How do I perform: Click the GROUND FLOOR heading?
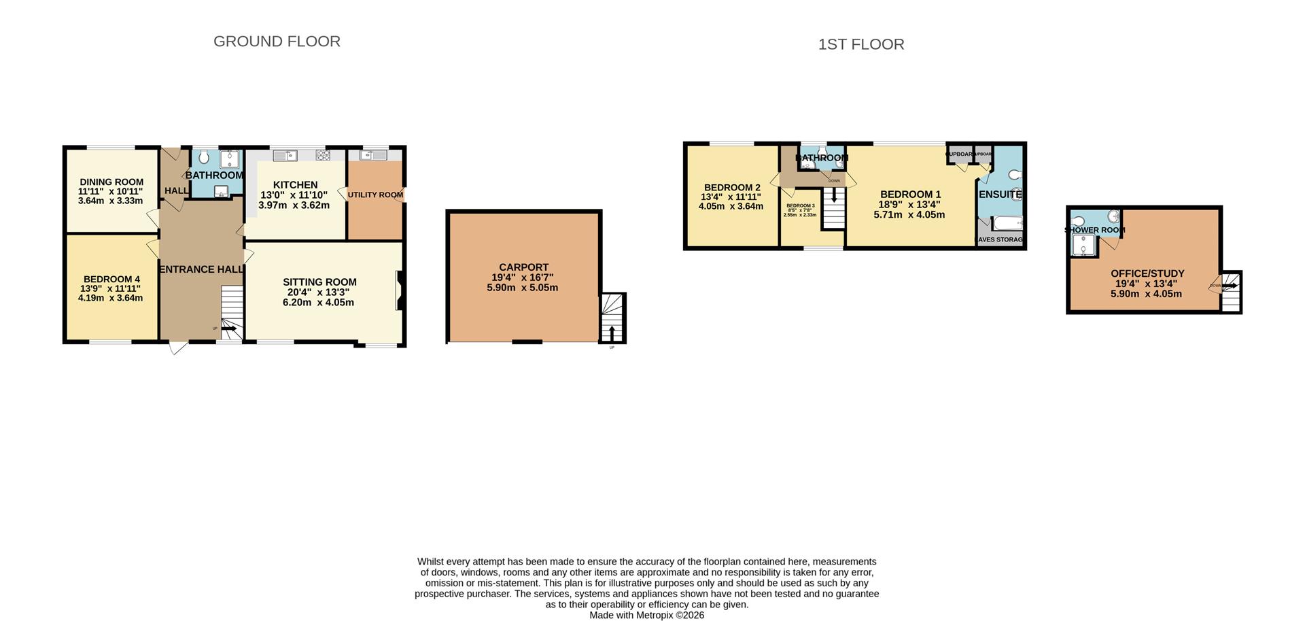point(277,41)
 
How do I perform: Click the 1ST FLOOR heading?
point(860,45)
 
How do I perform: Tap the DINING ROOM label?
point(111,182)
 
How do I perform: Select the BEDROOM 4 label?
point(111,279)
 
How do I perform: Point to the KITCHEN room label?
point(295,185)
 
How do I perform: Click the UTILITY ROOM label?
point(375,195)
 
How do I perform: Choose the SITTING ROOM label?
point(319,282)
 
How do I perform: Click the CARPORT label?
point(523,268)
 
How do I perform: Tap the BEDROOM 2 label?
point(732,188)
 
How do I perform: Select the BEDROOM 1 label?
point(910,195)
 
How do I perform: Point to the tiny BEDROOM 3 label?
point(800,205)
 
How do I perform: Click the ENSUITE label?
point(1000,195)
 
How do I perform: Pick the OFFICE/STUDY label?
point(1147,273)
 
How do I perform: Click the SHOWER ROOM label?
point(1094,231)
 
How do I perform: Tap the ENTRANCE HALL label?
point(201,269)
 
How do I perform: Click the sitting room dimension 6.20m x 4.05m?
point(318,303)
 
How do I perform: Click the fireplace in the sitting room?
point(400,291)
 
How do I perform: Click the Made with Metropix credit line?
point(646,616)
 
